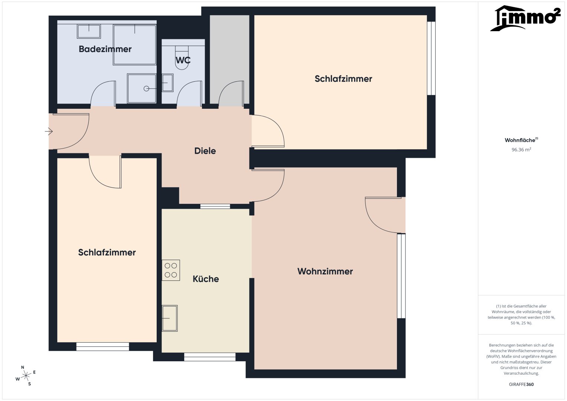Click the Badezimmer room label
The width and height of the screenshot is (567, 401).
tap(105, 49)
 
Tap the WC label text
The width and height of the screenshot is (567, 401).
tap(183, 60)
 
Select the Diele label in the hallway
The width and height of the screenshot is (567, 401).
tap(205, 151)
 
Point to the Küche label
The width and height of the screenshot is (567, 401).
tap(206, 279)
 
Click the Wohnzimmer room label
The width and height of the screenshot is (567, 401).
tap(325, 271)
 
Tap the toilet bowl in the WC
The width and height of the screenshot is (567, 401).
tap(182, 58)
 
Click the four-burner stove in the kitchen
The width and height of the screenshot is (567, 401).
tap(171, 270)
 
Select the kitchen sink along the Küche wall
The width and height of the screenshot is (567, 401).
tap(170, 318)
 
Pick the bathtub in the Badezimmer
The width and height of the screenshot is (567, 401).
tap(134, 45)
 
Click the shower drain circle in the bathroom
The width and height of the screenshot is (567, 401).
tap(146, 89)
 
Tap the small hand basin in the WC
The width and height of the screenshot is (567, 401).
tap(167, 83)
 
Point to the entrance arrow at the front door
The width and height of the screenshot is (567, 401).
tap(49, 131)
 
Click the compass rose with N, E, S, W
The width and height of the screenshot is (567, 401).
tap(26, 376)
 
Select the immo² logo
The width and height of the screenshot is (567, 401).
tap(525, 18)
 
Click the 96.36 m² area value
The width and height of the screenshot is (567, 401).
tap(521, 150)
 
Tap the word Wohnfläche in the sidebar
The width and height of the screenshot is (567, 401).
tap(520, 140)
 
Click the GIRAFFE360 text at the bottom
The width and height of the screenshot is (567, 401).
tap(521, 384)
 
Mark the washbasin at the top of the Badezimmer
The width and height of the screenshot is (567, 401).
tap(89, 32)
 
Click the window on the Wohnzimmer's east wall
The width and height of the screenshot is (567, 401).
tap(401, 276)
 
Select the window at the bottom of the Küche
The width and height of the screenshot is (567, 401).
tap(209, 357)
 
